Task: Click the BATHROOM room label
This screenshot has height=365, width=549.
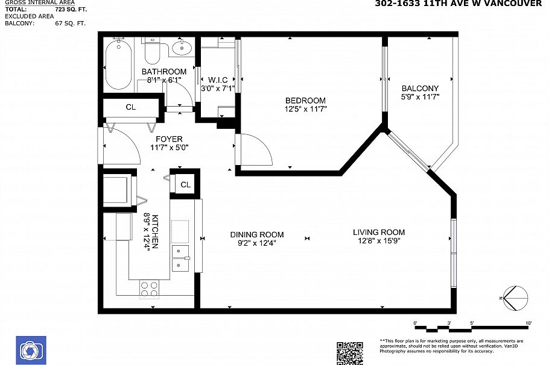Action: [163, 72]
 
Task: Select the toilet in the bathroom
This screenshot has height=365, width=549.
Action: [151, 52]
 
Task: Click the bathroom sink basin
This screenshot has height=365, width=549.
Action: [180, 48]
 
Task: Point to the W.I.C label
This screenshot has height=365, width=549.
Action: [217, 80]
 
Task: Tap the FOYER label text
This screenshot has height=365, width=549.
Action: [168, 139]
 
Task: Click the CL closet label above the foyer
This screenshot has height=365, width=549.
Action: [130, 107]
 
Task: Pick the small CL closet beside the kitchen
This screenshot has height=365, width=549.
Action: [185, 185]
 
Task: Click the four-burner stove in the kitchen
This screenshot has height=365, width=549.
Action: [149, 289]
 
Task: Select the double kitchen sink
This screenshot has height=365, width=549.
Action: [180, 257]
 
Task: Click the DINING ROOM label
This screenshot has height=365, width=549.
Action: [256, 234]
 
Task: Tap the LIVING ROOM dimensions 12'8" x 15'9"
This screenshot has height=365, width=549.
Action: [378, 241]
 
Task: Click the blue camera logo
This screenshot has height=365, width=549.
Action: [29, 350]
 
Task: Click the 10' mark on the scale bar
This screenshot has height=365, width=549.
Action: [528, 324]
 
